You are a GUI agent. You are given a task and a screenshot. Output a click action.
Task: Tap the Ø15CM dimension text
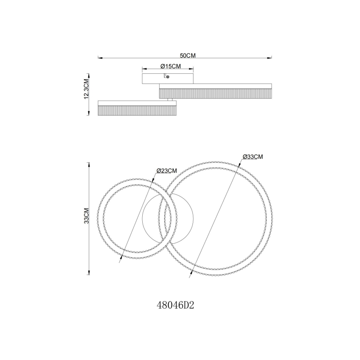tap(170, 66)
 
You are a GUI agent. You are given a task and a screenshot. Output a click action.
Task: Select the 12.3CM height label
tap(86, 89)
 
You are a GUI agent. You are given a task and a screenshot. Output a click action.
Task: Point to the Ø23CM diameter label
tap(167, 171)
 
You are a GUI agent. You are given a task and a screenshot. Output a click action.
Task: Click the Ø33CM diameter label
tap(253, 157)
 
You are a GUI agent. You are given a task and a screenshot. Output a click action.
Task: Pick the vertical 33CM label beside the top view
tap(86, 216)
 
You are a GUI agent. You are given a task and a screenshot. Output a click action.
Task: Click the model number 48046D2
tap(176, 306)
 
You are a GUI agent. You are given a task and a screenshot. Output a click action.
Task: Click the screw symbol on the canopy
tap(167, 76)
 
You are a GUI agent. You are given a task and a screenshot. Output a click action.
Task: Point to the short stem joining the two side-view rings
tap(170, 100)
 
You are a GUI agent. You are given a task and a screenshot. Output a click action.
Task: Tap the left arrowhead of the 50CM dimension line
tap(99, 58)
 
